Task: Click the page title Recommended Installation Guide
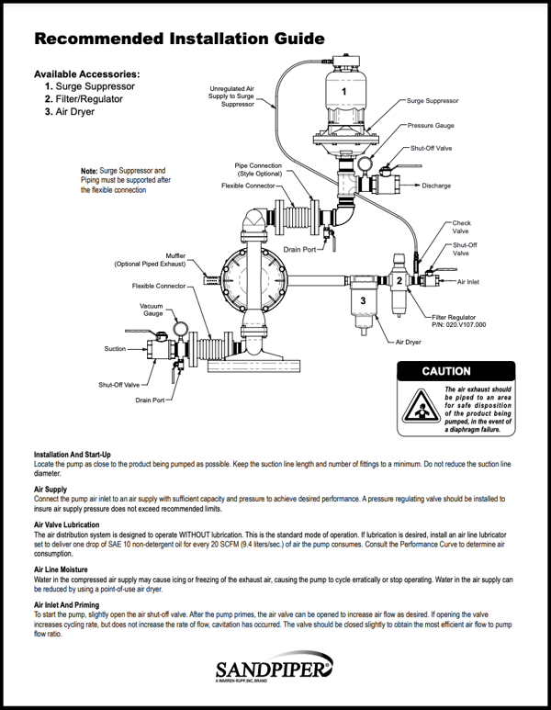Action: pos(178,39)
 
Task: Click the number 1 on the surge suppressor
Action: pos(343,92)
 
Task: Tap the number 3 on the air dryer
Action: pos(363,300)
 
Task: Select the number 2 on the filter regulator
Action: pos(399,279)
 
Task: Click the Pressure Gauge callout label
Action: pos(431,125)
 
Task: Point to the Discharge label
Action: pos(436,186)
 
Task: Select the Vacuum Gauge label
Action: pos(151,310)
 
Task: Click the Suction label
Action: pos(115,349)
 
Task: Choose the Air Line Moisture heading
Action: pos(64,569)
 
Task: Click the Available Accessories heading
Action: pos(86,73)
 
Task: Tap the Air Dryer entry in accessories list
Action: pos(74,112)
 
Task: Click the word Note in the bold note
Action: pos(89,172)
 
